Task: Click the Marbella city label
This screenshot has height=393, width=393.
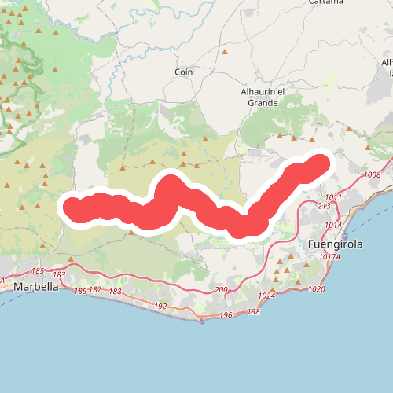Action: pos(36,287)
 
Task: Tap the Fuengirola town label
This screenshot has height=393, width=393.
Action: pos(336,244)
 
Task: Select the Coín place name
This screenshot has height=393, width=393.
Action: pos(183,72)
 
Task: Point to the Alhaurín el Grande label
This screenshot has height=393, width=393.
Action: pos(259,97)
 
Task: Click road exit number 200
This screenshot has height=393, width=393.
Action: pos(221,291)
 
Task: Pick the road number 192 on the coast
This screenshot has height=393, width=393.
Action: pos(161,307)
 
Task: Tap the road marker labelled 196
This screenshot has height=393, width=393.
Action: pos(226,316)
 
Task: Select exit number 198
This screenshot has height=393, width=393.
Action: pos(253,312)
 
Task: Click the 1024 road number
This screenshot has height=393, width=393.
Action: pos(267,296)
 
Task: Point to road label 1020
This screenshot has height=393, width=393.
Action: pos(317,289)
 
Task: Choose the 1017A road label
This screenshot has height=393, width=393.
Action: pos(330,257)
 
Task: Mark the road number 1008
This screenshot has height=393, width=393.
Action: pos(373,174)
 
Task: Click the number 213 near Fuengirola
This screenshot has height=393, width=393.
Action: pos(322,206)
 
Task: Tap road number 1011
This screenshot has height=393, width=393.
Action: pos(333,196)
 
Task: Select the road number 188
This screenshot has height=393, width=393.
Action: pos(116,291)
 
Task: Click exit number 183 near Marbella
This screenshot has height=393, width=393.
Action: pos(59,274)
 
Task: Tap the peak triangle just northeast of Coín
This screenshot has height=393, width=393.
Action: pos(225,52)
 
